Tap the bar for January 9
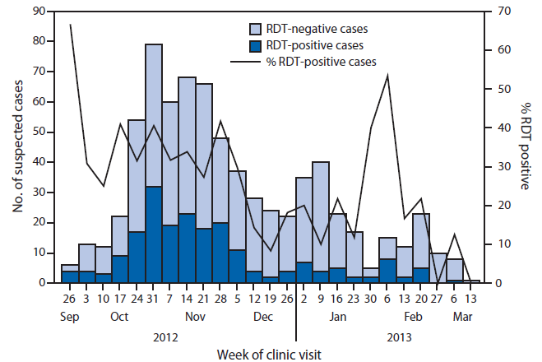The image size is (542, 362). tap(321, 222)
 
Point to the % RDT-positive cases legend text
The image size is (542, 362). tap(329, 61)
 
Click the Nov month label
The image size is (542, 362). tap(196, 315)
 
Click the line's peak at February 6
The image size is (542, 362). tap(388, 75)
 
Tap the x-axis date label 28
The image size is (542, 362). tap(220, 299)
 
